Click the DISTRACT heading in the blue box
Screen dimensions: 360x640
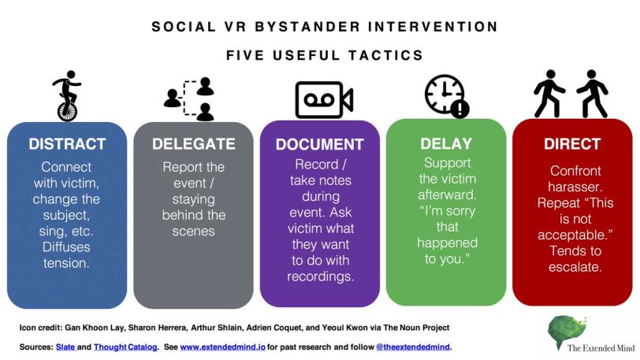(67, 144)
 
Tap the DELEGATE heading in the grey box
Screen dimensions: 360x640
(194, 144)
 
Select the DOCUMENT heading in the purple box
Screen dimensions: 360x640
(319, 145)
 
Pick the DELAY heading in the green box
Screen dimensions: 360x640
(446, 143)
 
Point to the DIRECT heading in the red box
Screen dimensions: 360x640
(571, 144)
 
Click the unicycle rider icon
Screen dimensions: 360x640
(67, 96)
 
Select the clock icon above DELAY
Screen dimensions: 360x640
(443, 95)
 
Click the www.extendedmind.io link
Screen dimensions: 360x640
(228, 347)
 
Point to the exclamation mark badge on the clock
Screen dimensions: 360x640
(460, 109)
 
